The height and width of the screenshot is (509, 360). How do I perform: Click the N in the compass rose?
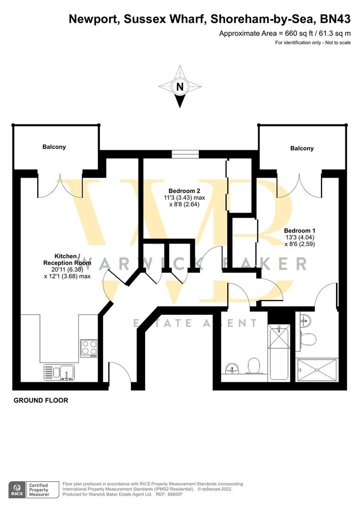[x=180, y=87]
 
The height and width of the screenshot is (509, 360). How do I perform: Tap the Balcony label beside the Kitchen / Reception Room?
[x=54, y=147]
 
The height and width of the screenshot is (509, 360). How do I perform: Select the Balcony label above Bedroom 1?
[x=302, y=148]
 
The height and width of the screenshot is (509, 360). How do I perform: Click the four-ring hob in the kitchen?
[x=89, y=348]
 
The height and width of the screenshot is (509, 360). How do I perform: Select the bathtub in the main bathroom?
[x=279, y=353]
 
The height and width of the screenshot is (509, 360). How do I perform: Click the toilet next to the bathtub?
[x=254, y=365]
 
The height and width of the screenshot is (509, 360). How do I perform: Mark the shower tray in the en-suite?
[x=317, y=369]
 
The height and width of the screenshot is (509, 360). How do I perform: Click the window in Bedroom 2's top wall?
[x=185, y=154]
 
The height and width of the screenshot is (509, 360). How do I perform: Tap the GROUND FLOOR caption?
[x=41, y=401]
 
